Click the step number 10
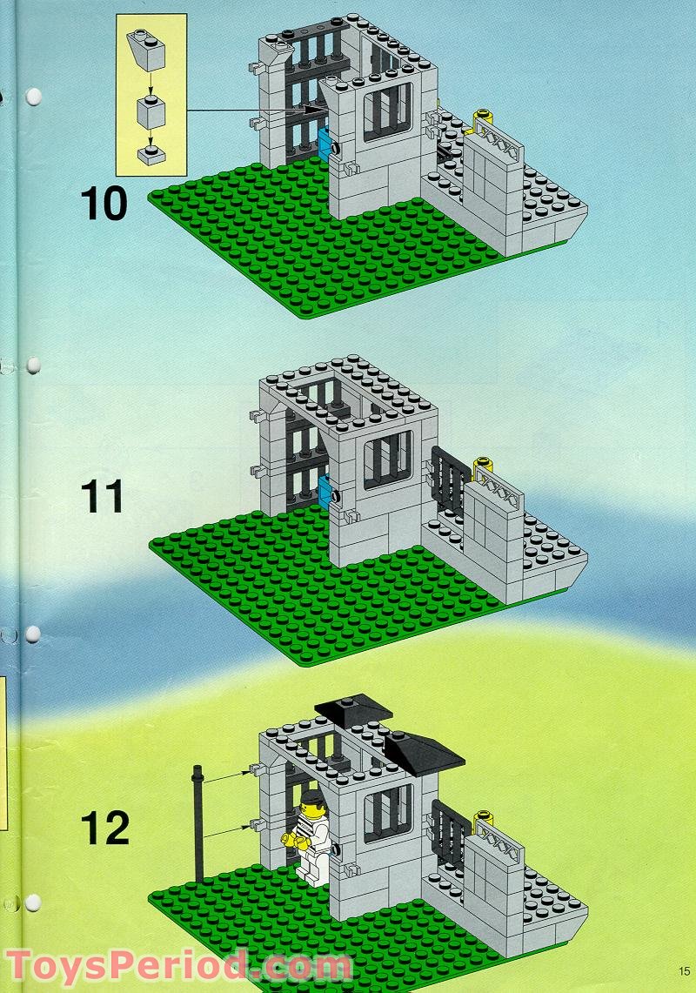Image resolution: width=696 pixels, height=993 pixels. [104, 204]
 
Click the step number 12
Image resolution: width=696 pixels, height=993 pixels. [104, 828]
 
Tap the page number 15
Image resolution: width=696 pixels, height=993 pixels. [684, 971]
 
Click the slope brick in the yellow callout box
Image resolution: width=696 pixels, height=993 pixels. [146, 50]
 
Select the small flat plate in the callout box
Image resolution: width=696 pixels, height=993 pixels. [151, 155]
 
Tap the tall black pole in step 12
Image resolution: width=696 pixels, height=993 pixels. [199, 822]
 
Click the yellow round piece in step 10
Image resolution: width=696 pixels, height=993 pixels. [485, 119]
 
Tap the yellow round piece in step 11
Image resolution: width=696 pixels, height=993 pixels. [484, 466]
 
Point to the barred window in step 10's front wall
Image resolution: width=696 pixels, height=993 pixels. [388, 111]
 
